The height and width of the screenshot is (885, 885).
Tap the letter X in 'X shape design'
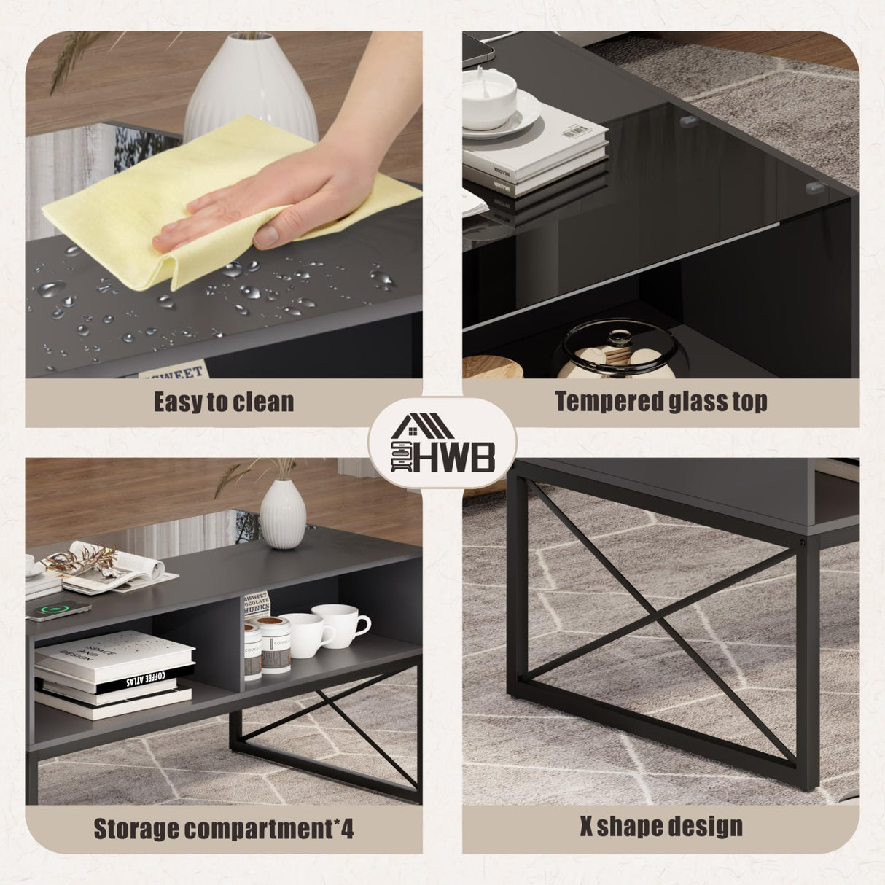pyautogui.click(x=588, y=827)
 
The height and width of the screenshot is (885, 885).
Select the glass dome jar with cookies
pyautogui.click(x=620, y=354)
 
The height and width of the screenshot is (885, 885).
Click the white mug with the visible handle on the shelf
pyautogui.click(x=343, y=627)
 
